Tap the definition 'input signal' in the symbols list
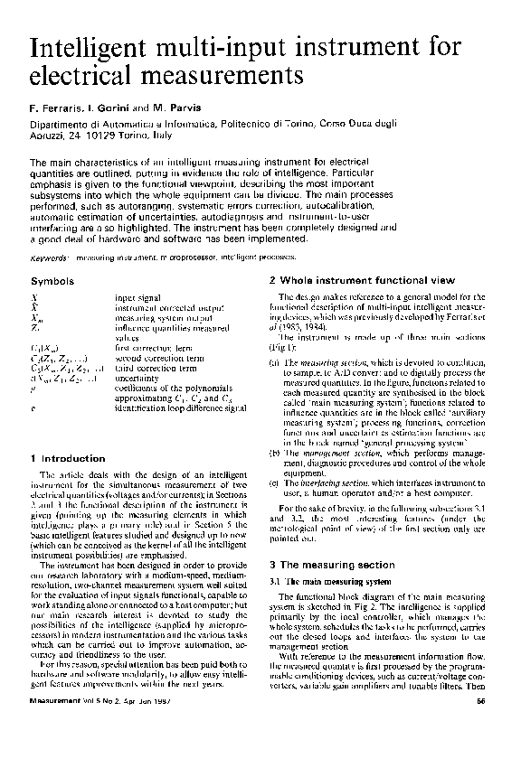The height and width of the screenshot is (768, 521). pos(136,296)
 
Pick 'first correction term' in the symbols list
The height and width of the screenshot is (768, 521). pos(150,347)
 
